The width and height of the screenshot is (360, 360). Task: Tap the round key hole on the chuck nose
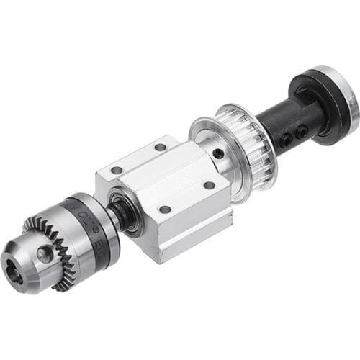[x=45, y=253]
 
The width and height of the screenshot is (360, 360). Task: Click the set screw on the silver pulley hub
[x=218, y=153]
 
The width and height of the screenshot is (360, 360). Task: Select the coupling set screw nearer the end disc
[x=302, y=130]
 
